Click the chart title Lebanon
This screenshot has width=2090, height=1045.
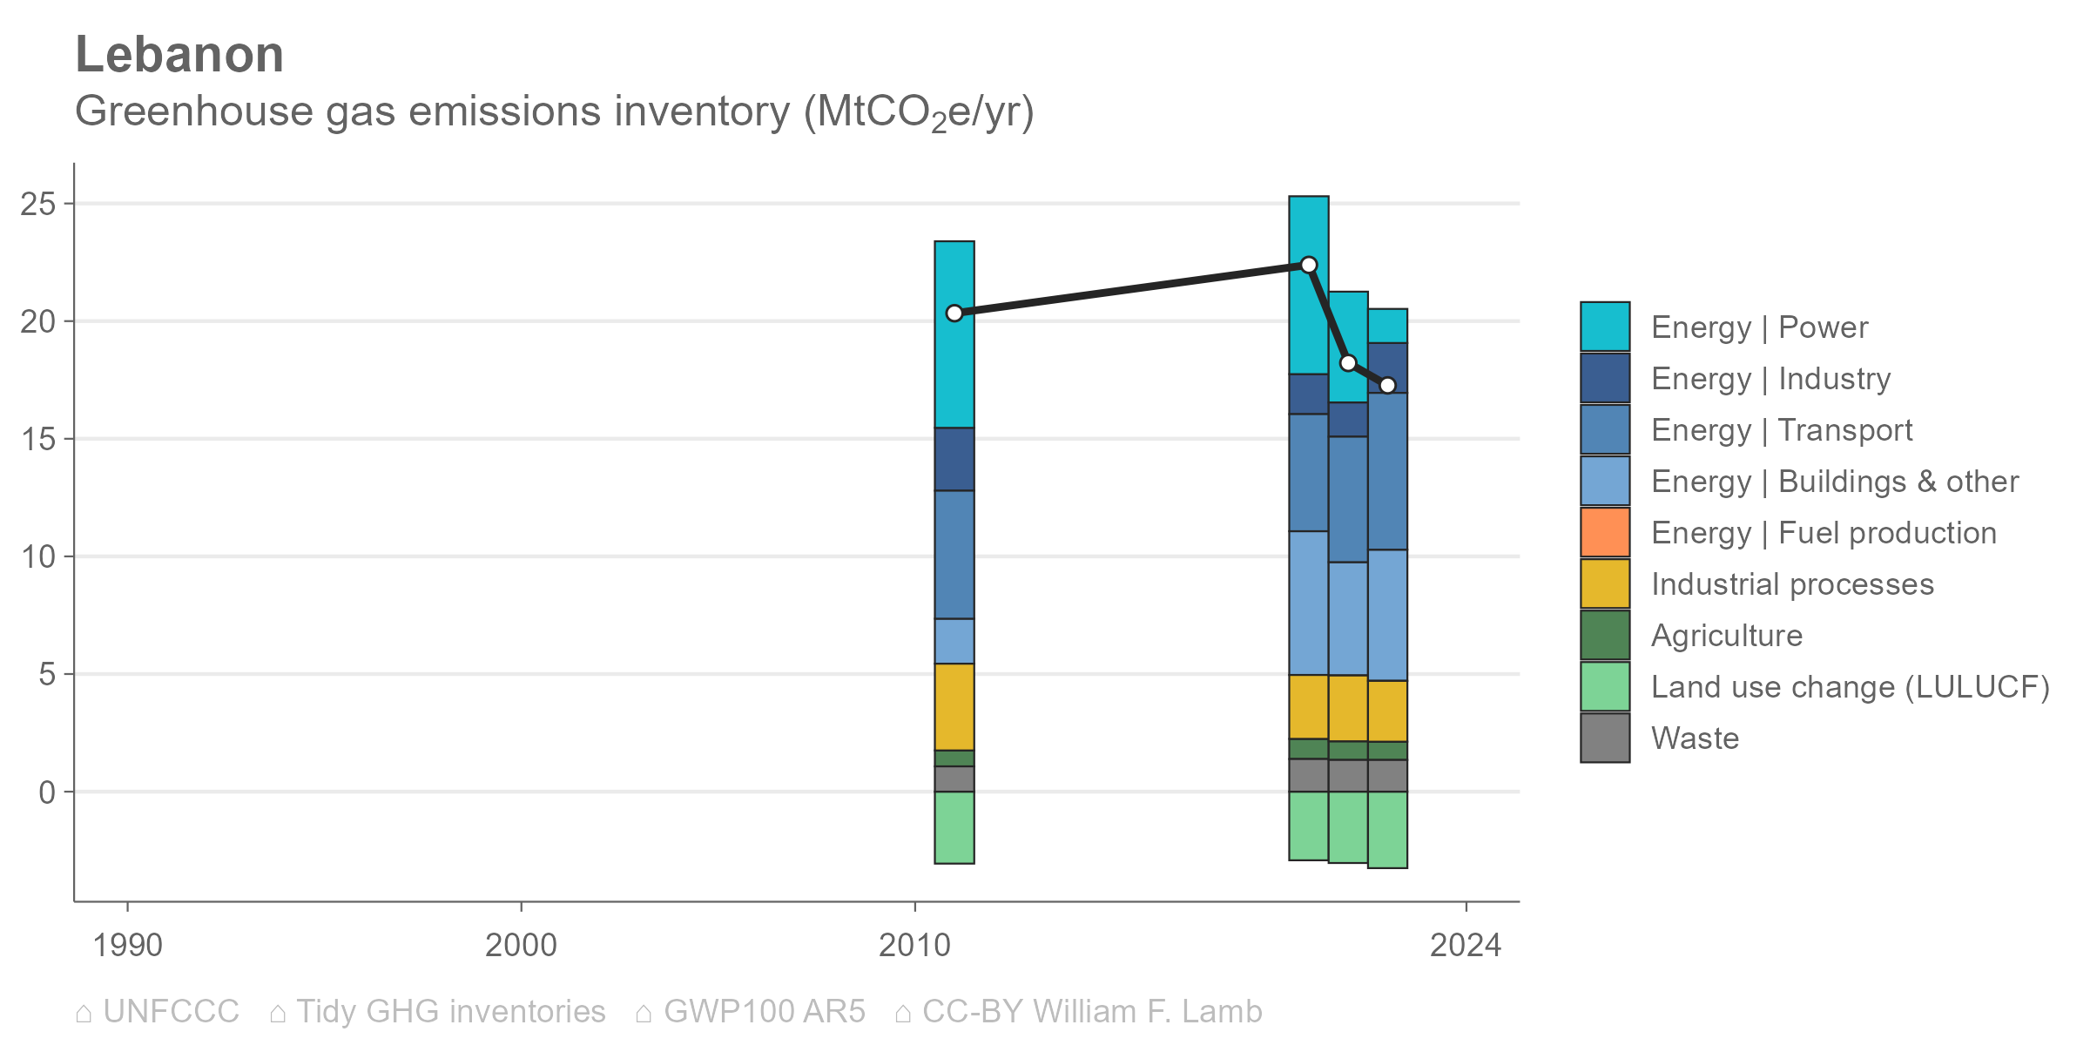pyautogui.click(x=179, y=55)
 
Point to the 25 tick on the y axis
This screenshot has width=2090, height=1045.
pyautogui.click(x=38, y=205)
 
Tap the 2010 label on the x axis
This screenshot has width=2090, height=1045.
pyautogui.click(x=914, y=945)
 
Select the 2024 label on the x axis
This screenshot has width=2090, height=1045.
pyautogui.click(x=1466, y=945)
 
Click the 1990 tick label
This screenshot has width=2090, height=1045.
pyautogui.click(x=127, y=945)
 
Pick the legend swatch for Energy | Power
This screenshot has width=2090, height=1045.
pyautogui.click(x=1605, y=327)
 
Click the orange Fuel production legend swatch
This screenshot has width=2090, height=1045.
pyautogui.click(x=1605, y=532)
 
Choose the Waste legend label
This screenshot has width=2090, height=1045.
pyautogui.click(x=1695, y=738)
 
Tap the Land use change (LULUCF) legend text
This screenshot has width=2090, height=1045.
pyautogui.click(x=1851, y=687)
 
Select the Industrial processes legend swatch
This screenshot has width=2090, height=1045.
pyautogui.click(x=1605, y=583)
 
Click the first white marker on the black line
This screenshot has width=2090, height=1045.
pyautogui.click(x=954, y=313)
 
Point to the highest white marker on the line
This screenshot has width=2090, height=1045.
pyautogui.click(x=1309, y=265)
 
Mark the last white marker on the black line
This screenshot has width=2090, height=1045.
pyautogui.click(x=1388, y=385)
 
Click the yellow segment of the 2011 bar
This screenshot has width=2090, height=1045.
pyautogui.click(x=954, y=707)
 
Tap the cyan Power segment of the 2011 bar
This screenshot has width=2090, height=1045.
pyautogui.click(x=954, y=334)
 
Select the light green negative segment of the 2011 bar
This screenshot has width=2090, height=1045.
pyautogui.click(x=954, y=827)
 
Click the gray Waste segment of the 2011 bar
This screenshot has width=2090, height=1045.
pyautogui.click(x=954, y=779)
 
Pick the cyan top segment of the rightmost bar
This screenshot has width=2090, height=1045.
pyautogui.click(x=1388, y=326)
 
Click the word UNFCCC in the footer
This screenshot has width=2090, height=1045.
pyautogui.click(x=171, y=1012)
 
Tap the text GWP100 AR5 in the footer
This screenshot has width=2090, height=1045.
pyautogui.click(x=765, y=1012)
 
